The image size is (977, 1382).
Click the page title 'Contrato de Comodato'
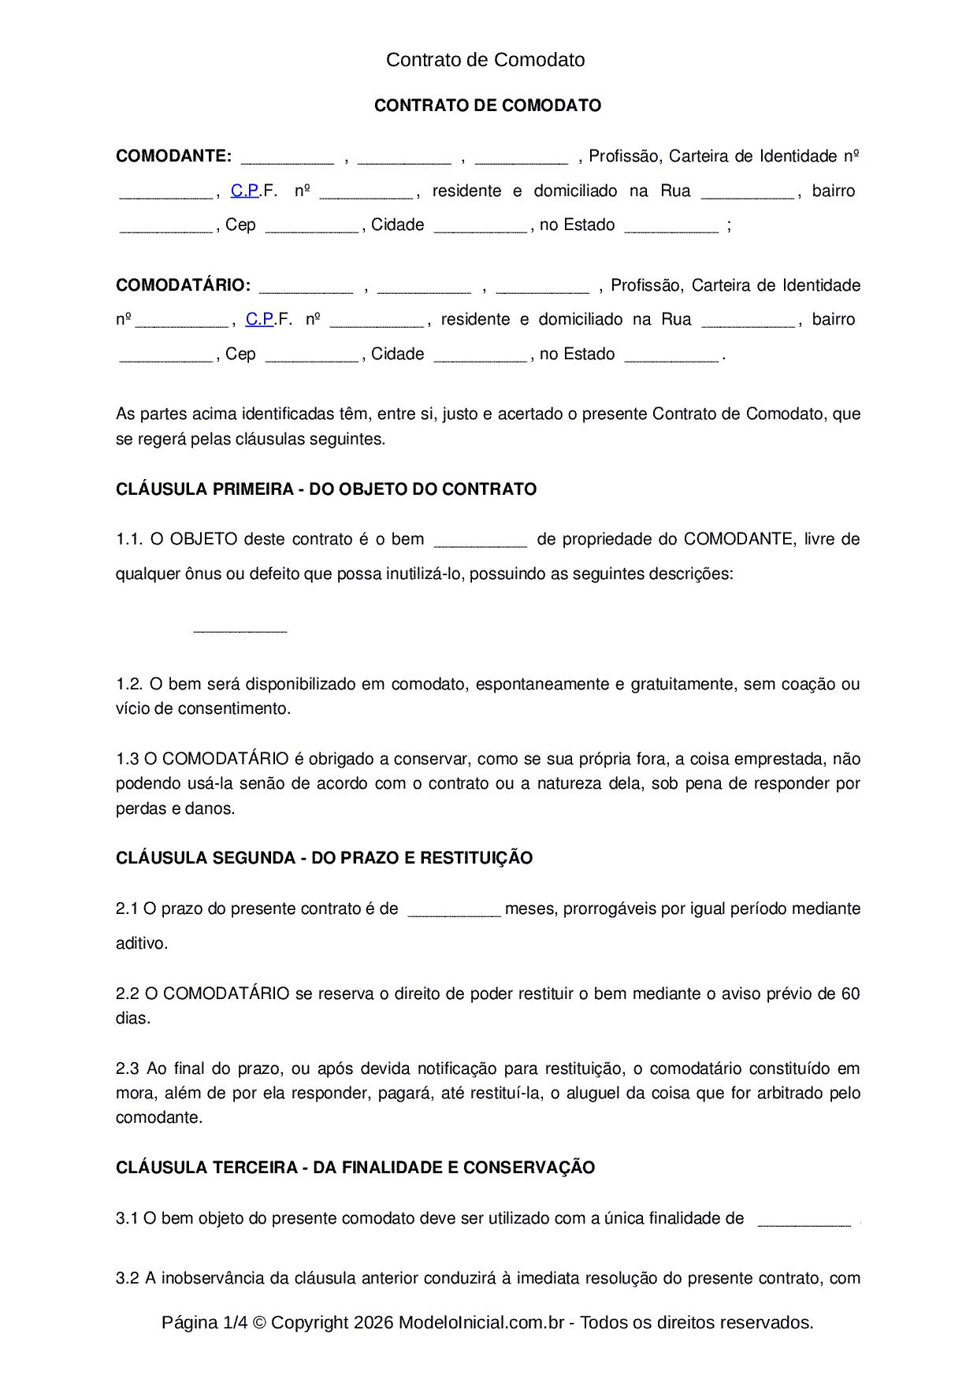[485, 60]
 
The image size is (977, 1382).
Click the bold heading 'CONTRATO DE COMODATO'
[488, 106]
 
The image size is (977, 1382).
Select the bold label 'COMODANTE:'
[173, 156]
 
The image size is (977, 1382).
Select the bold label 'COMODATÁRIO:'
[183, 285]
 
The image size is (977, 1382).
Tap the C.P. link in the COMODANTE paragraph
[245, 191]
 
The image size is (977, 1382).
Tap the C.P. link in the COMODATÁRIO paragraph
[260, 319]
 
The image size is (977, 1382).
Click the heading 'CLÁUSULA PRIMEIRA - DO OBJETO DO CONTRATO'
[326, 489]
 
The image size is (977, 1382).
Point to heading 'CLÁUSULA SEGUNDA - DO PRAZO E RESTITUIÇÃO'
[324, 858]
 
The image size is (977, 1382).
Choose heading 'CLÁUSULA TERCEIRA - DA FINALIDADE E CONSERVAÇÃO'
[355, 1168]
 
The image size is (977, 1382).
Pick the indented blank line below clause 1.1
[240, 629]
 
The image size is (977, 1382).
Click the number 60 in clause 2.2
[850, 994]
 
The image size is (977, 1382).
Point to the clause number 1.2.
[128, 684]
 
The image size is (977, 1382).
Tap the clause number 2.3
[128, 1068]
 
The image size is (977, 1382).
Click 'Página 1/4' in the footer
[204, 1322]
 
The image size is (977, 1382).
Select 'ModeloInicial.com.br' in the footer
[481, 1322]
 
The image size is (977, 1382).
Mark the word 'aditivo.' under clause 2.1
[142, 943]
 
